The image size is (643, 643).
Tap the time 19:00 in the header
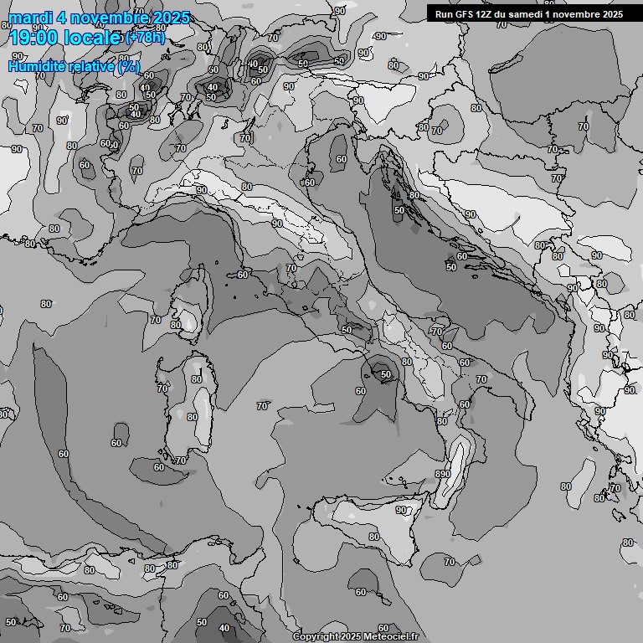pyautogui.click(x=33, y=37)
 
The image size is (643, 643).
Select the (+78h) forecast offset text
pyautogui.click(x=145, y=38)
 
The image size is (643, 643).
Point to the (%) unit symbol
pyautogui.click(x=129, y=66)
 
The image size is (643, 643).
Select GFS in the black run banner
pyautogui.click(x=465, y=14)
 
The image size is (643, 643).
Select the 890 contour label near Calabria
pyautogui.click(x=443, y=474)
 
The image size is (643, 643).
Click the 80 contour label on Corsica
pyautogui.click(x=175, y=325)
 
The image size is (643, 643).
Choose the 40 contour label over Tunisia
pyautogui.click(x=224, y=628)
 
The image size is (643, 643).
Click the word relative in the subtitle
pyautogui.click(x=94, y=66)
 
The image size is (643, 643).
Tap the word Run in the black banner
pyautogui.click(x=445, y=14)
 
